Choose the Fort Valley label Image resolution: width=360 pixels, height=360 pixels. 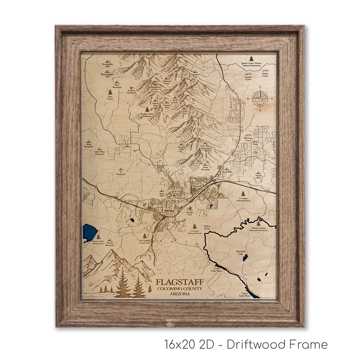(124, 146)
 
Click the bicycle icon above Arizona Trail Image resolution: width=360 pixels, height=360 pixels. (189, 209)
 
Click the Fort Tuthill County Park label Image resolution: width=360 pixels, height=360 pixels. (145, 242)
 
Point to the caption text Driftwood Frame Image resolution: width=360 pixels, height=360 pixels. (277, 344)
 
